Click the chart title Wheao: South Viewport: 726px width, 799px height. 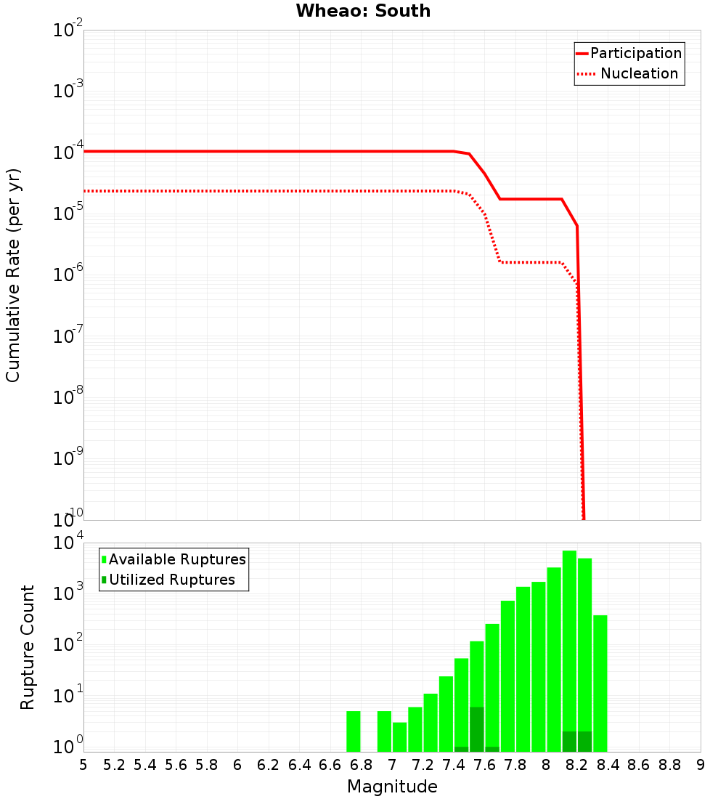point(363,11)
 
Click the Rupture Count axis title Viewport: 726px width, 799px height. point(28,646)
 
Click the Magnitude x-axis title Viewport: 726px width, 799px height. point(392,786)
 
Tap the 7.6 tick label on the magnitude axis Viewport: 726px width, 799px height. point(484,764)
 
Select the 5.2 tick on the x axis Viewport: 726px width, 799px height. point(114,764)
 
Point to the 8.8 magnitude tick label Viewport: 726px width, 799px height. point(669,764)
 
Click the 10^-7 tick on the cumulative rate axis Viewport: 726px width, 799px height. point(68,336)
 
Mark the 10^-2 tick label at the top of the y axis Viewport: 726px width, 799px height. point(68,31)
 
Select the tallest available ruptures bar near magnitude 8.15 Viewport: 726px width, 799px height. point(569,650)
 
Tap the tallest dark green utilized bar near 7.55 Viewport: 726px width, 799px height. point(477,729)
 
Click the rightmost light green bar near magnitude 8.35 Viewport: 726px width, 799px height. point(600,683)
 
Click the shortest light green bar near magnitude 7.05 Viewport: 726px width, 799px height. point(400,737)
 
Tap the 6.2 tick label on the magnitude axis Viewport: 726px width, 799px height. point(268,764)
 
